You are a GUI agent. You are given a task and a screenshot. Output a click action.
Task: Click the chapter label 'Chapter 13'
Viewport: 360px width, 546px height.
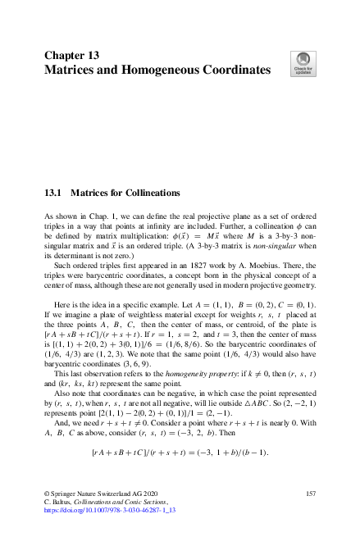[x=71, y=55]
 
